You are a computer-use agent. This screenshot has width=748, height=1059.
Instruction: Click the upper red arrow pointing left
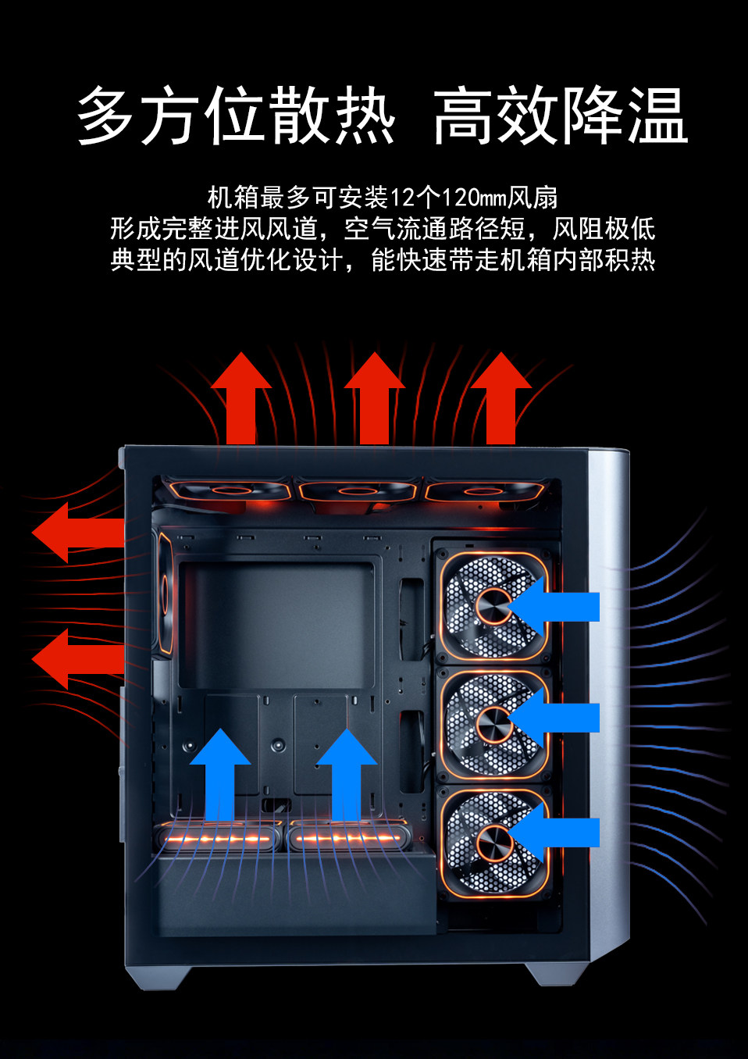pyautogui.click(x=78, y=533)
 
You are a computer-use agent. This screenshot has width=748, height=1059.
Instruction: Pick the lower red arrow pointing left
pyautogui.click(x=78, y=659)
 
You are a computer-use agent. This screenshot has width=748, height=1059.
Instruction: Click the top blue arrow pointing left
pyautogui.click(x=553, y=607)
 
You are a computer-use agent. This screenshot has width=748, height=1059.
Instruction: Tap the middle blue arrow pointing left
pyautogui.click(x=553, y=718)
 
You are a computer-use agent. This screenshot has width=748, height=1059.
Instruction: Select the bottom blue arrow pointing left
pyautogui.click(x=553, y=832)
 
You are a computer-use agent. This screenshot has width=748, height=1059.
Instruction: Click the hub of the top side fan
pyautogui.click(x=493, y=607)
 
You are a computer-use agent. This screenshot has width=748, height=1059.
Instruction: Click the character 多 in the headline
pyautogui.click(x=105, y=116)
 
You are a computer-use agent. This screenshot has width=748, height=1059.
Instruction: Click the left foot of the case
pyautogui.click(x=159, y=978)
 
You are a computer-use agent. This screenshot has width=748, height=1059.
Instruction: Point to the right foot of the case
pyautogui.click(x=558, y=978)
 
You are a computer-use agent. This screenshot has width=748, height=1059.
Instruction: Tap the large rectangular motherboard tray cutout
pyautogui.click(x=276, y=626)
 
